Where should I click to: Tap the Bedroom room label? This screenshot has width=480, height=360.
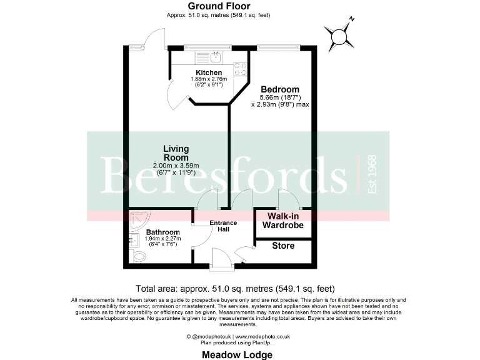point(279,89)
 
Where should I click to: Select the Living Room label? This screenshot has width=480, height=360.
point(176,153)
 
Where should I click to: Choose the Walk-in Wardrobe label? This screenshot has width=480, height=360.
point(283,221)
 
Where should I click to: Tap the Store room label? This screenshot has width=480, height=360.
point(283,246)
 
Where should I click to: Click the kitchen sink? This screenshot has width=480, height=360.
point(214,57)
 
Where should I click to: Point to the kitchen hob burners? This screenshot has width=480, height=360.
point(240,68)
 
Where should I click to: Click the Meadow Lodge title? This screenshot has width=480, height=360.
point(237,354)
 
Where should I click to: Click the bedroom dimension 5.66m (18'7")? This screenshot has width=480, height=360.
point(280,97)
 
